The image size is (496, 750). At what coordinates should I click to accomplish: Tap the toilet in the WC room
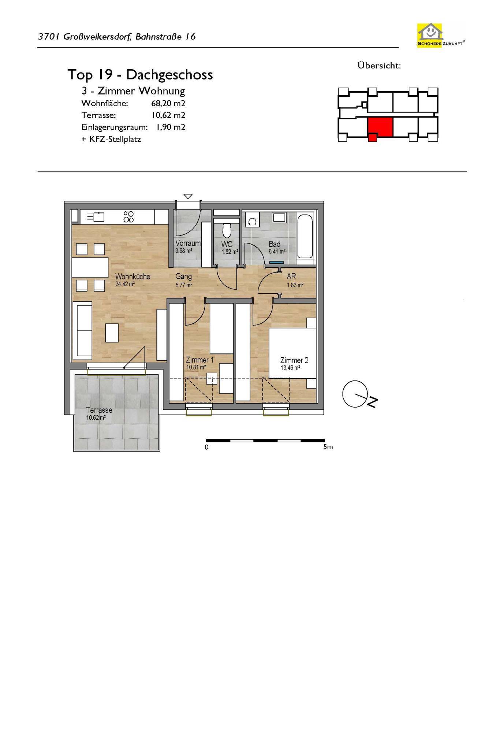tap(227, 230)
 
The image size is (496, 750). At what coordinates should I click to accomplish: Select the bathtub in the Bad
tap(305, 237)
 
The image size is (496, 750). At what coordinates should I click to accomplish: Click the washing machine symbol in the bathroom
tap(252, 221)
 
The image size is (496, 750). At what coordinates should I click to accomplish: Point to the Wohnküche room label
tap(133, 276)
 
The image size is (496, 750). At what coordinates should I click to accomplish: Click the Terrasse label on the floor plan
tap(99, 410)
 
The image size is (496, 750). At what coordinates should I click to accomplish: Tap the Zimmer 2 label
tap(294, 360)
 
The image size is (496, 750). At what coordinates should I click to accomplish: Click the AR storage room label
tap(291, 276)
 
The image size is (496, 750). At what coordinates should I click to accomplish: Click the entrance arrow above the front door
tap(188, 196)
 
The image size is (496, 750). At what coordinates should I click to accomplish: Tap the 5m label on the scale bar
tap(328, 447)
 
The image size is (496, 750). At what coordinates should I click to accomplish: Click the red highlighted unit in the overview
tap(380, 128)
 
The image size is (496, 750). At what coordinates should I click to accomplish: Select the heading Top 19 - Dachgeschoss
tap(140, 75)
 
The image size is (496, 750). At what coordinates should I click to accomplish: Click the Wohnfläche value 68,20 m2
tap(168, 103)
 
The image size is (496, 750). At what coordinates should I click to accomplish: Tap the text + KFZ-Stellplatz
tap(111, 139)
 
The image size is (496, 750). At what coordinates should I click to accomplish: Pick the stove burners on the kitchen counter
tap(129, 217)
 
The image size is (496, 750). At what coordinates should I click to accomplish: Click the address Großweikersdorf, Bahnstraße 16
tap(130, 37)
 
